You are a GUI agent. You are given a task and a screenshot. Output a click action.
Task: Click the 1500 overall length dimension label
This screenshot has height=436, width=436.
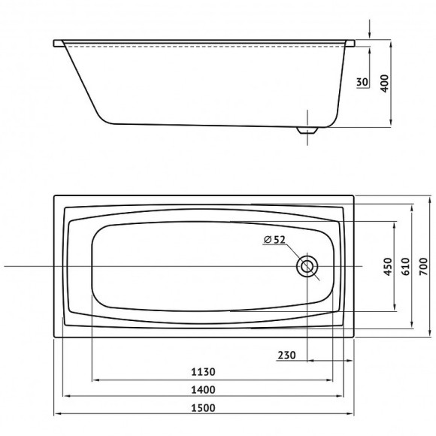pos(203,407)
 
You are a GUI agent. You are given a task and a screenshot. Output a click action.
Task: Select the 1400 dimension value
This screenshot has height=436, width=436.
pos(203,390)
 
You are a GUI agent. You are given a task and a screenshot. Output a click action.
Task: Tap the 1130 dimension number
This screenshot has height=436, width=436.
pos(203,372)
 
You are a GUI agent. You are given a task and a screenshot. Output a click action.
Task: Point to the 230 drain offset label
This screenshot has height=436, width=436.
pos(286,355)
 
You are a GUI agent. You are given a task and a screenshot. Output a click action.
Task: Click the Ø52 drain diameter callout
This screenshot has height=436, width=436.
pos(274,239)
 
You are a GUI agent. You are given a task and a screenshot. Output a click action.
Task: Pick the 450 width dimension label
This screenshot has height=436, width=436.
pos(388,267)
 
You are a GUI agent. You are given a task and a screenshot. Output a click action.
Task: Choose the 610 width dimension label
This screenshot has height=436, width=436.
pos(406,267)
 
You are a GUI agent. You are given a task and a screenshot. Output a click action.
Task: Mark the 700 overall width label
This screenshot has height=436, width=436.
pos(423,267)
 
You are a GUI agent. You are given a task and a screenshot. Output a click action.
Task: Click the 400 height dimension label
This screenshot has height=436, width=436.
pos(384,83)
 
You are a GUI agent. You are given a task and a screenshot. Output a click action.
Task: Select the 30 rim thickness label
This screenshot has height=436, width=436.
pos(362,82)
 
